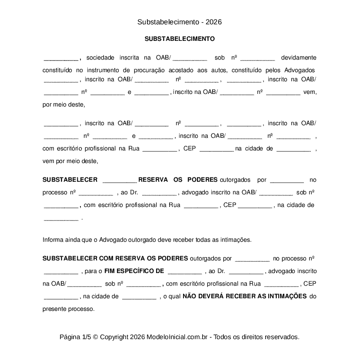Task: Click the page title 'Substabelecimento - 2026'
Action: (180, 22)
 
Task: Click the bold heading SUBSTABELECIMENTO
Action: (180, 39)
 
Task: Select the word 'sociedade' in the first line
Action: (100, 58)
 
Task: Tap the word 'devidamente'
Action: (299, 58)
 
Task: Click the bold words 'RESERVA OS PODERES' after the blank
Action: (178, 180)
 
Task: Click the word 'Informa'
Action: (53, 240)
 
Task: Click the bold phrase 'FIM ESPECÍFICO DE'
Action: (134, 271)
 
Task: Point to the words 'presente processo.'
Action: (68, 309)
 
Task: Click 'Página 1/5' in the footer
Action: (75, 337)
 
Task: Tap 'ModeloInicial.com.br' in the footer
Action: (178, 337)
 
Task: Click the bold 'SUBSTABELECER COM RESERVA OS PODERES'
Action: (115, 258)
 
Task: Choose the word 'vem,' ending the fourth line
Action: (310, 92)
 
